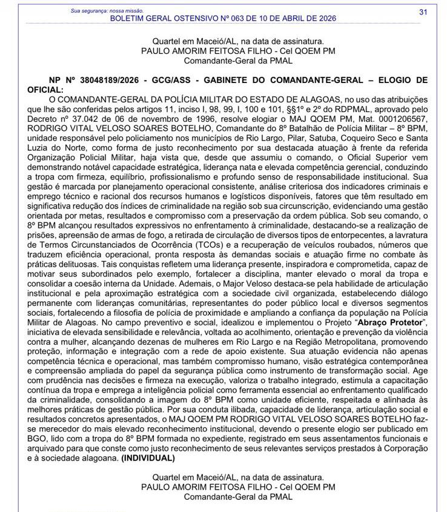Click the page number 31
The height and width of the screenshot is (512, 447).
(423, 12)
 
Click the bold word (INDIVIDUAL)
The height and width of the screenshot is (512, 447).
(148, 459)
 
